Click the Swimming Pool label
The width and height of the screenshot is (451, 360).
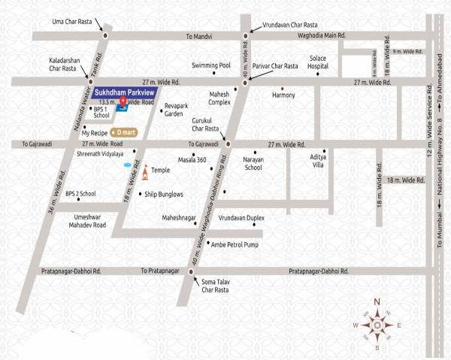pos(210,65)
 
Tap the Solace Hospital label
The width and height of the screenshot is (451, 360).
pos(318,62)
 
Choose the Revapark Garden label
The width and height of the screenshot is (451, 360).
pos(174,110)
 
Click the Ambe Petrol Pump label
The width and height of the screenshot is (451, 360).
pos(235,244)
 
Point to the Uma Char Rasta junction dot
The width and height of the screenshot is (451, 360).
pos(104,35)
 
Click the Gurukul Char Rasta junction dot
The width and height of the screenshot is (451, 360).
pos(229,143)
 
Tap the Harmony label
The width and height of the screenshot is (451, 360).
pos(284,95)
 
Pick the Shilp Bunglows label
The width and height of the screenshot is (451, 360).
pos(164,194)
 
